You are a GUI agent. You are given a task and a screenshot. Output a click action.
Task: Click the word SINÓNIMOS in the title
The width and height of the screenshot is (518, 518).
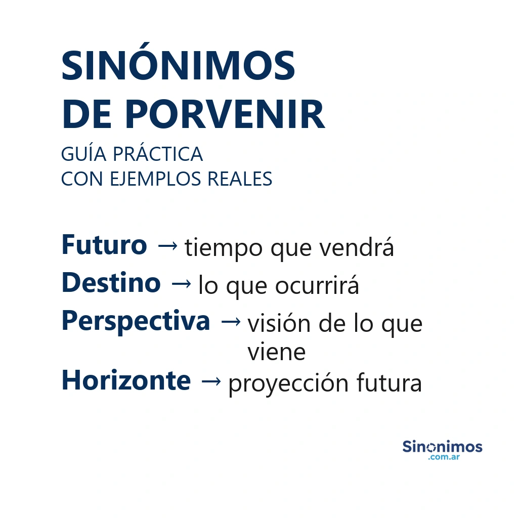178,66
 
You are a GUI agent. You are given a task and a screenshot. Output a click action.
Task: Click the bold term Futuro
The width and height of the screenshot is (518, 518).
104,245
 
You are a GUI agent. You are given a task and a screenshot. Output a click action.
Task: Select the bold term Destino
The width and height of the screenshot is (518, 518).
111,283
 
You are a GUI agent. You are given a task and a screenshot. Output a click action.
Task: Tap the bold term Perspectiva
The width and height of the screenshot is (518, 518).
136,321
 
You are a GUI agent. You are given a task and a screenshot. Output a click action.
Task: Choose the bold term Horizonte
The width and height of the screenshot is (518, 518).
126,380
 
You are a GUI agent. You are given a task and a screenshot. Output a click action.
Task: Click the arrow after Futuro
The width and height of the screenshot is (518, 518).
167,246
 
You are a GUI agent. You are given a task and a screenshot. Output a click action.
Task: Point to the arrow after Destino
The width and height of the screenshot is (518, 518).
181,284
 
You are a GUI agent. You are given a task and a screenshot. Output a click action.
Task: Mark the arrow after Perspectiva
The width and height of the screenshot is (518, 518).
231,322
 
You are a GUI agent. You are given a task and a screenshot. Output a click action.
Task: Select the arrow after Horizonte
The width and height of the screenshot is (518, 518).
210,381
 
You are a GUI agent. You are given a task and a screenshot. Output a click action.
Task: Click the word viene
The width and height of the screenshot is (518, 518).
276,352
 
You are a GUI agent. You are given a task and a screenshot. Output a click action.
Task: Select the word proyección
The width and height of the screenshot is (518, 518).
288,384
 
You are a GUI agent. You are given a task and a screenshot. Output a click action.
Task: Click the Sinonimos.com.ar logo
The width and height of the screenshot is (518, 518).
442,449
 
